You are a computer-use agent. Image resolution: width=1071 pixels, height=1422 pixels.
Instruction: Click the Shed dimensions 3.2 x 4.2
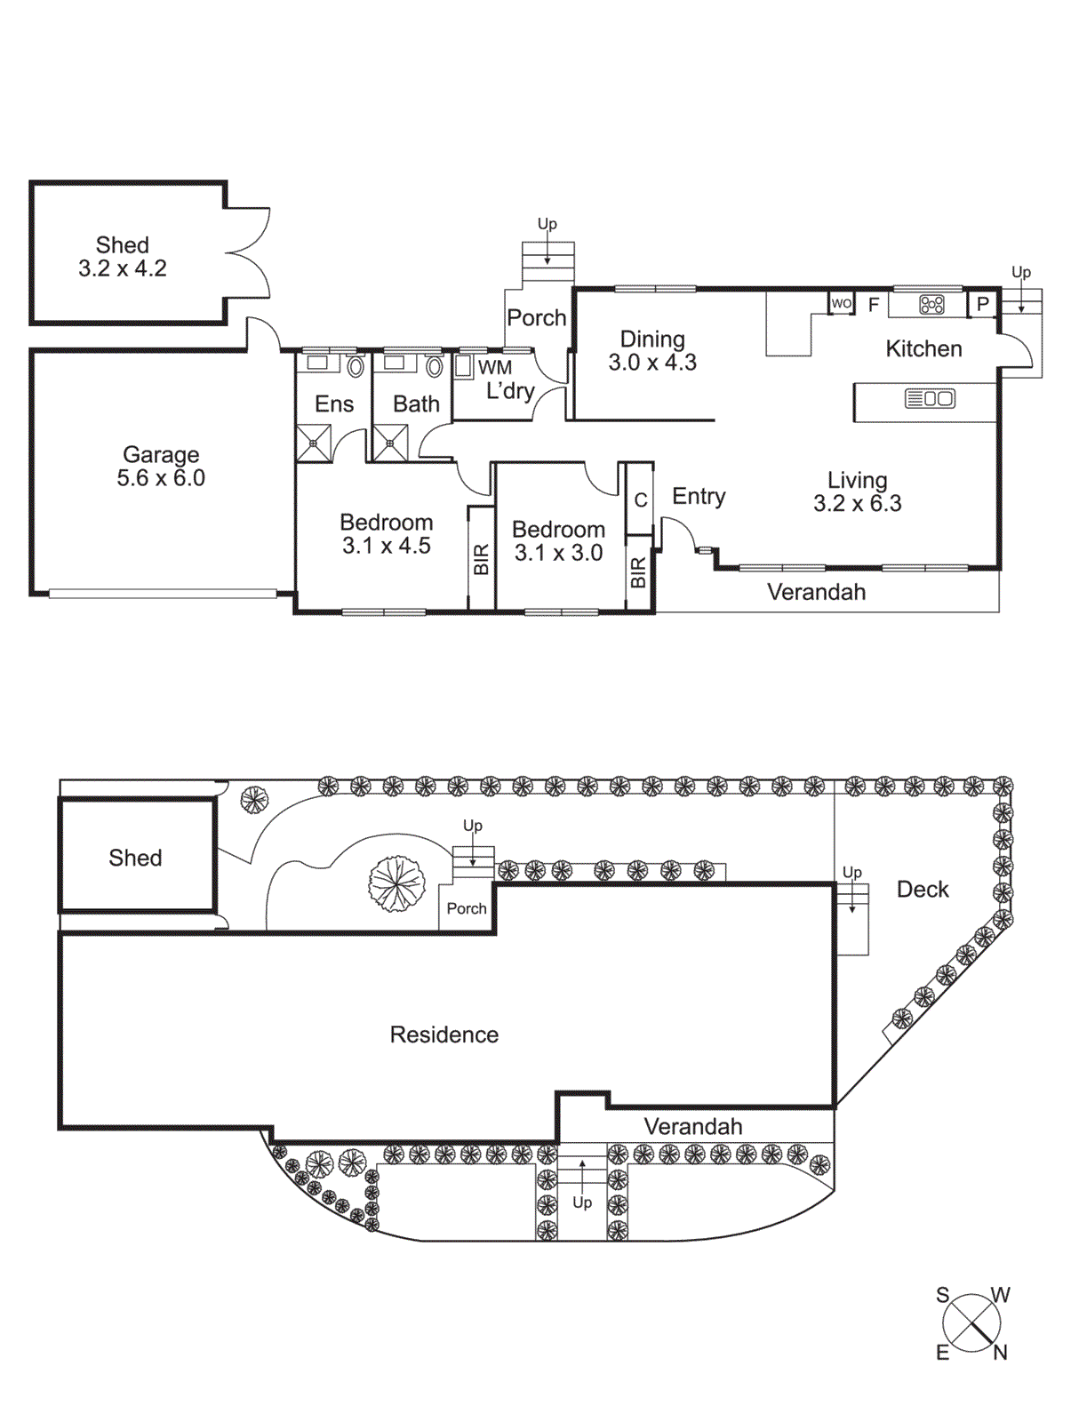point(123,268)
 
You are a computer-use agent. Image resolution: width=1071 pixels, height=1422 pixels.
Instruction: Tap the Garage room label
point(161,454)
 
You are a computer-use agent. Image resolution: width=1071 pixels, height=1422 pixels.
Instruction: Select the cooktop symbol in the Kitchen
point(931,305)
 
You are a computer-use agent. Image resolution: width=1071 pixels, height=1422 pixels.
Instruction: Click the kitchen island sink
point(930,399)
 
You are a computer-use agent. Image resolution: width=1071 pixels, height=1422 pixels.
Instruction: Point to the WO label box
point(841,303)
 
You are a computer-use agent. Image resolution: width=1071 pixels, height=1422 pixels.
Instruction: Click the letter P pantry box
point(982,304)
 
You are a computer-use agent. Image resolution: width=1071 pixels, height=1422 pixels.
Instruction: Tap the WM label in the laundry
point(495,367)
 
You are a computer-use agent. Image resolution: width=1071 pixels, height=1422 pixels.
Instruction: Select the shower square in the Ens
point(314,443)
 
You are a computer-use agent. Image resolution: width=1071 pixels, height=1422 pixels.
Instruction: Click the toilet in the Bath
point(435,366)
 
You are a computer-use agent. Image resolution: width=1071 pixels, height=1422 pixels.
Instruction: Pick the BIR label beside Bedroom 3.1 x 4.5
point(481,559)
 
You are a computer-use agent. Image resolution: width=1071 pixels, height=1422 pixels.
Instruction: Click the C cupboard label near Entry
point(640,500)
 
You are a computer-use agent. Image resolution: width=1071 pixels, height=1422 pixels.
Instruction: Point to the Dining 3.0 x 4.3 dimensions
point(652,363)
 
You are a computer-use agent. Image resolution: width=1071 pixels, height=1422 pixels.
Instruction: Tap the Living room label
point(857,480)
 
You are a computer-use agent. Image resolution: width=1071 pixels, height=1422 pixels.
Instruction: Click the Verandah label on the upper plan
point(816,592)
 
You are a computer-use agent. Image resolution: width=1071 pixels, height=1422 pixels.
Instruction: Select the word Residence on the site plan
point(444,1035)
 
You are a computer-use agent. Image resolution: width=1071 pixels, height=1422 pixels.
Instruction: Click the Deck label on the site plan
point(922,889)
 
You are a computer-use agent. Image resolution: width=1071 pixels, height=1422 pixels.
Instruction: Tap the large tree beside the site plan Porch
point(397,883)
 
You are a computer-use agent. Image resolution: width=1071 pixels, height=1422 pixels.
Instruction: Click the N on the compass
point(1000,1353)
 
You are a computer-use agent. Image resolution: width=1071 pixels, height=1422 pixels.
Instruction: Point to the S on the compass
point(942,1295)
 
